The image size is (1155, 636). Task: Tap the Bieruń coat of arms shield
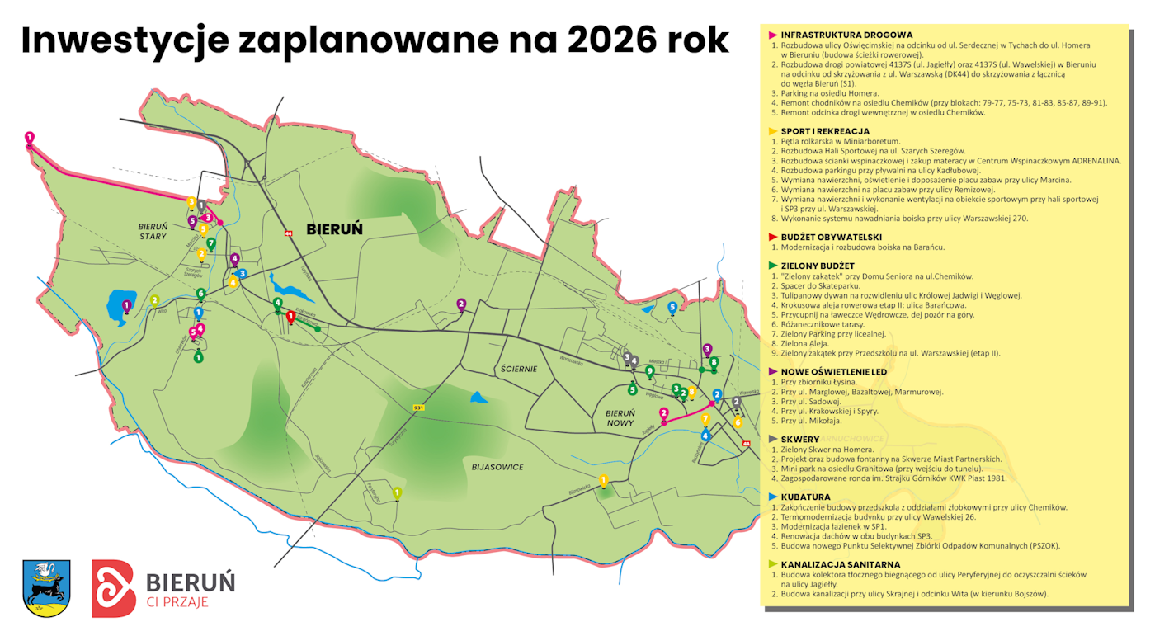click(x=46, y=587)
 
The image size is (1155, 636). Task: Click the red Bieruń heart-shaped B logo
click(x=113, y=588)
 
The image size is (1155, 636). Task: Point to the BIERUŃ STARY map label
click(x=153, y=231)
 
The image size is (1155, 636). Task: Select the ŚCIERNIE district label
click(x=518, y=369)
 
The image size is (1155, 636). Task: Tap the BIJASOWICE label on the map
click(x=497, y=467)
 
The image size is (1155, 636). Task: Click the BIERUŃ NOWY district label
click(x=620, y=419)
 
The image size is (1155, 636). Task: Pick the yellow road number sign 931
click(x=418, y=408)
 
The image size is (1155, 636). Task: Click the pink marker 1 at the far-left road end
click(x=30, y=138)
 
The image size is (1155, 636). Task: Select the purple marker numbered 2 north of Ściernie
click(x=461, y=304)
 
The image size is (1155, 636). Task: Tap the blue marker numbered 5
click(x=672, y=308)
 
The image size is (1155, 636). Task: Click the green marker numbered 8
click(x=714, y=362)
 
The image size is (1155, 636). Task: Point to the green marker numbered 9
click(x=650, y=372)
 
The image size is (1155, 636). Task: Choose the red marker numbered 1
click(x=290, y=316)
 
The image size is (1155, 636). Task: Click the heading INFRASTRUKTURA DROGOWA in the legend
click(x=846, y=35)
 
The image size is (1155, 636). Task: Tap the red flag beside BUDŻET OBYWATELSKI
click(x=773, y=237)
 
